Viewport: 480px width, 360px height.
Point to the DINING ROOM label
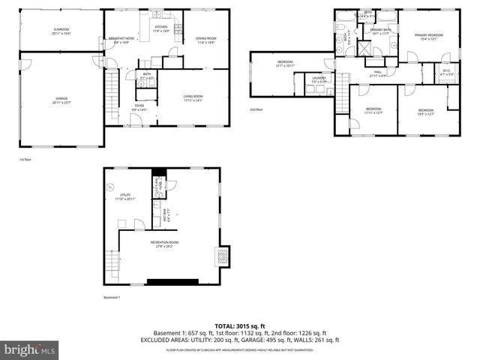click(x=205, y=40)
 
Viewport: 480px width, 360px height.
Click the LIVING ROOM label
click(x=193, y=97)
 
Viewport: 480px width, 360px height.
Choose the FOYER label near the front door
click(x=140, y=109)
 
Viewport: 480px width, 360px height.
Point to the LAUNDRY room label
click(x=318, y=79)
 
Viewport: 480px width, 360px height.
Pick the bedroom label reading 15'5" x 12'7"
click(x=426, y=112)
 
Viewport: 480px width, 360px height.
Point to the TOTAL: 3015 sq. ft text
click(x=239, y=325)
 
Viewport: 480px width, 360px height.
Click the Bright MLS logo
click(x=30, y=349)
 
